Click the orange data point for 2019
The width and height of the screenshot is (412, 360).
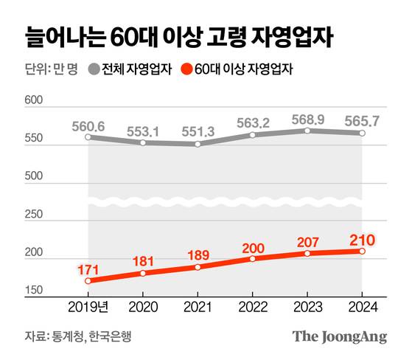tap(88, 281)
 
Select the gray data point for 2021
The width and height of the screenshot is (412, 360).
tap(198, 144)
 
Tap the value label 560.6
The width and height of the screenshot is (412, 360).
tap(88, 125)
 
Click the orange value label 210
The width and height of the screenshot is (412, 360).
tap(362, 239)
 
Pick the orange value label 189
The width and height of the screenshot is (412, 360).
tap(198, 255)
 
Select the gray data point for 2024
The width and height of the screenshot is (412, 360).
tap(362, 133)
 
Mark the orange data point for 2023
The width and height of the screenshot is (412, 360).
tap(307, 253)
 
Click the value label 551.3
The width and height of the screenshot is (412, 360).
tap(198, 131)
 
